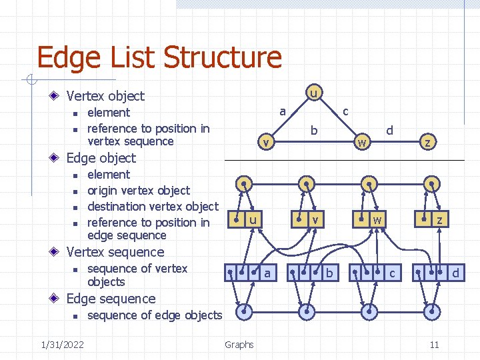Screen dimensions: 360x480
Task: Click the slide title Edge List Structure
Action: click(x=159, y=57)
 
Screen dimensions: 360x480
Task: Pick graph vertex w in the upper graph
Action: click(x=361, y=141)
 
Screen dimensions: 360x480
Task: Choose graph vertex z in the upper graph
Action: click(x=428, y=141)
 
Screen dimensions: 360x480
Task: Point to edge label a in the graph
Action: click(x=283, y=111)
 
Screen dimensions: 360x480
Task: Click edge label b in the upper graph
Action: click(x=313, y=131)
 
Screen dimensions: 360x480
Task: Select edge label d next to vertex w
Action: click(x=390, y=131)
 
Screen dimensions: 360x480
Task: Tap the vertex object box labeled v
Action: click(x=309, y=219)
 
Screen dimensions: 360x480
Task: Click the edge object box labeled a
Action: click(x=251, y=273)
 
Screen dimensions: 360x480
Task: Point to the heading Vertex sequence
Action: click(x=115, y=252)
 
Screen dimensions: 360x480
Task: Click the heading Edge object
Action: click(x=101, y=158)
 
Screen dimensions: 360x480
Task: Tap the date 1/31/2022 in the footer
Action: click(x=62, y=344)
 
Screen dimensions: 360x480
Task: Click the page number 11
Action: click(x=434, y=344)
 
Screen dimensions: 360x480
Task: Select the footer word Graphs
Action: click(x=239, y=344)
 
